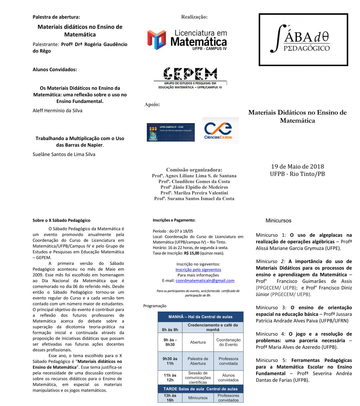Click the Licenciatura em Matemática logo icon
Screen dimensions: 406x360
click(x=156, y=40)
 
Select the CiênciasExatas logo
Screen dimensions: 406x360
click(x=220, y=130)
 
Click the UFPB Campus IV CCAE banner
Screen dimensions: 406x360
click(x=171, y=132)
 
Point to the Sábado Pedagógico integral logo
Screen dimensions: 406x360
click(x=303, y=40)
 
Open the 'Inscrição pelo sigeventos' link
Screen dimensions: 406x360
click(x=198, y=270)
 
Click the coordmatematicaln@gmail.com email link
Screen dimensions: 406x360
click(x=205, y=280)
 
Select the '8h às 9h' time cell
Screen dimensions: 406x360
click(x=170, y=330)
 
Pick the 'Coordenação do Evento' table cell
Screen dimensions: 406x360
click(x=228, y=342)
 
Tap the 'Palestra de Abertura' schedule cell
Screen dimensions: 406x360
click(x=198, y=361)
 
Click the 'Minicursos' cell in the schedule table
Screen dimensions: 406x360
click(x=198, y=398)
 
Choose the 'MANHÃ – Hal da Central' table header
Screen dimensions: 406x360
click(x=201, y=317)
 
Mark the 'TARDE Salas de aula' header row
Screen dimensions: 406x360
click(x=201, y=389)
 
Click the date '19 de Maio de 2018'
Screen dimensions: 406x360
click(x=297, y=166)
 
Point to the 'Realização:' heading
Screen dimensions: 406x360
click(x=194, y=17)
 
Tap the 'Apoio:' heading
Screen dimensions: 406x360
click(x=152, y=104)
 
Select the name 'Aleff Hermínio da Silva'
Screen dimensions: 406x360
click(x=58, y=110)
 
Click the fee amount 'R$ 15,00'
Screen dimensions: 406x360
click(x=191, y=253)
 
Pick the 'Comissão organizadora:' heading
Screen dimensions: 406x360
click(x=194, y=170)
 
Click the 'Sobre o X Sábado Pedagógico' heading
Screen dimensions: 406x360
click(x=62, y=220)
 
